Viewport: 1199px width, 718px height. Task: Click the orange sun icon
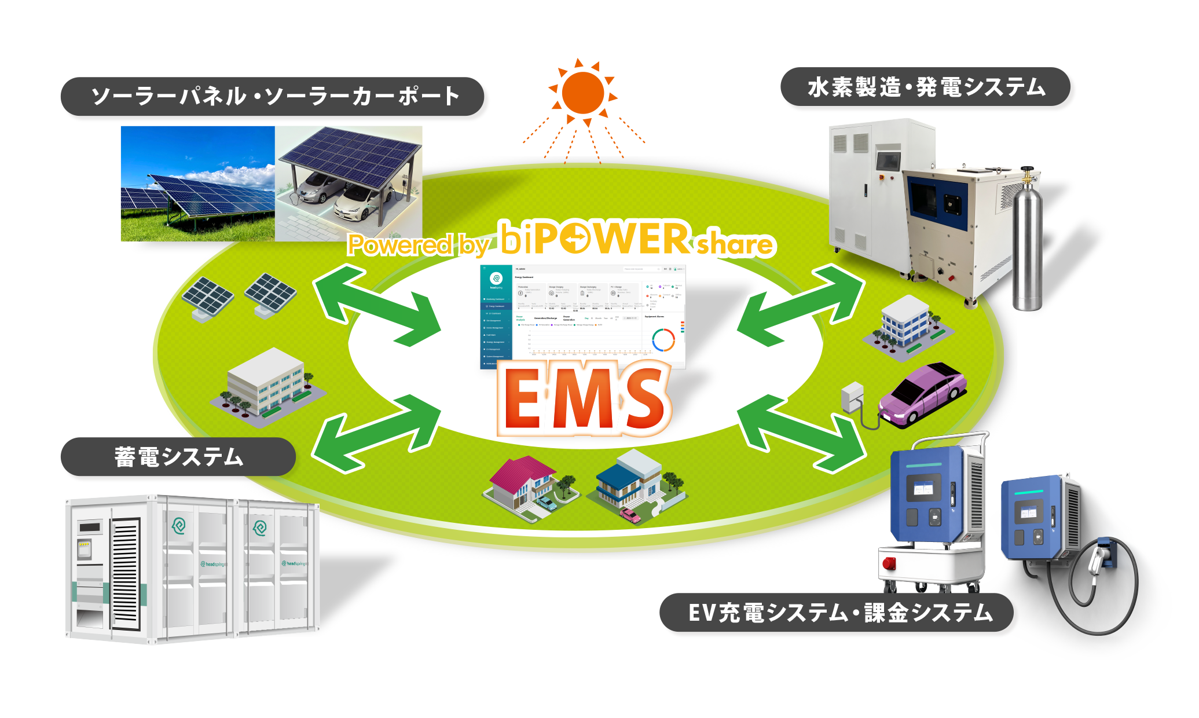point(583,93)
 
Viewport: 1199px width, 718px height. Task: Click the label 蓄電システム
point(178,457)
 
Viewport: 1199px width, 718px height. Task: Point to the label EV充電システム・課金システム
point(839,613)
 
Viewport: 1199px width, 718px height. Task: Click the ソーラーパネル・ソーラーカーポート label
point(275,96)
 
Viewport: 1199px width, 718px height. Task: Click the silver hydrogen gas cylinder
point(1028,243)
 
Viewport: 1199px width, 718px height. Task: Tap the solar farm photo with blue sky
point(197,183)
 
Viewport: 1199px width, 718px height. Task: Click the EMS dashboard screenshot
point(582,316)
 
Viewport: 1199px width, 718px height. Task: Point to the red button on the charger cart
point(889,563)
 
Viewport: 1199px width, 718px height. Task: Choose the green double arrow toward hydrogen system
point(802,304)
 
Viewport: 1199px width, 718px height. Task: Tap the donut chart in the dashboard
point(663,340)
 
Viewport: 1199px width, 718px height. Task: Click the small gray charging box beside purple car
point(852,397)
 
